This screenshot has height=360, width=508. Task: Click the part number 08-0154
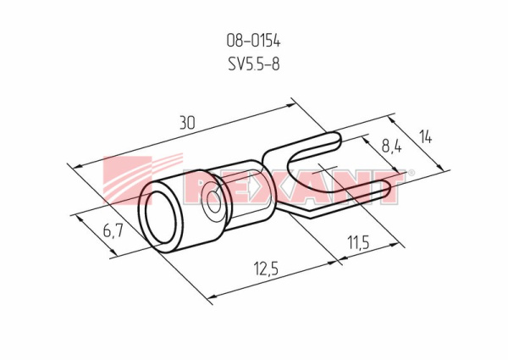(x=253, y=42)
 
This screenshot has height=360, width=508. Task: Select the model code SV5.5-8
(x=254, y=64)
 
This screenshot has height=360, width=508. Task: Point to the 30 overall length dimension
(x=188, y=123)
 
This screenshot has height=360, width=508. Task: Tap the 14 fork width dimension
(x=426, y=137)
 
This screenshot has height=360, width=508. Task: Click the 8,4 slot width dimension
(x=391, y=147)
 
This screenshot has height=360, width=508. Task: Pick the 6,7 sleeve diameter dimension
(x=113, y=230)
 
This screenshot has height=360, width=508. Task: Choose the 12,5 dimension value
(x=266, y=269)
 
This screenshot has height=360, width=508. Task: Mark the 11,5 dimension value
(x=358, y=242)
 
